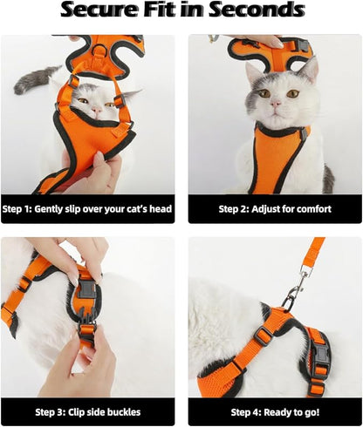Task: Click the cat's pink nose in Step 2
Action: [277, 102]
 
